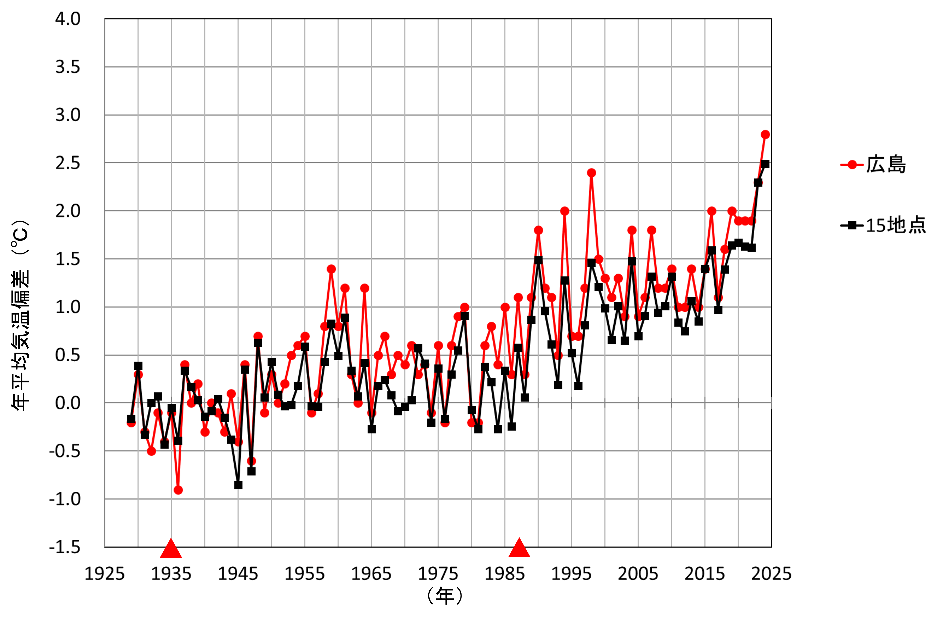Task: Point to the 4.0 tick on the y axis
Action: [68, 19]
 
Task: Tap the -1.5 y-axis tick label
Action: [65, 547]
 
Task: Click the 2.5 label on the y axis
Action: [68, 163]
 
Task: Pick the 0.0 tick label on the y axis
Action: [68, 403]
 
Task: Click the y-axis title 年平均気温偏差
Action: [20, 316]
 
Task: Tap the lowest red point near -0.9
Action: [178, 490]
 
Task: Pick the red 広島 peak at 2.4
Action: [591, 173]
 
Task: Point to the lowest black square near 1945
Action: [238, 485]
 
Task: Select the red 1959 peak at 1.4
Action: [331, 269]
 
